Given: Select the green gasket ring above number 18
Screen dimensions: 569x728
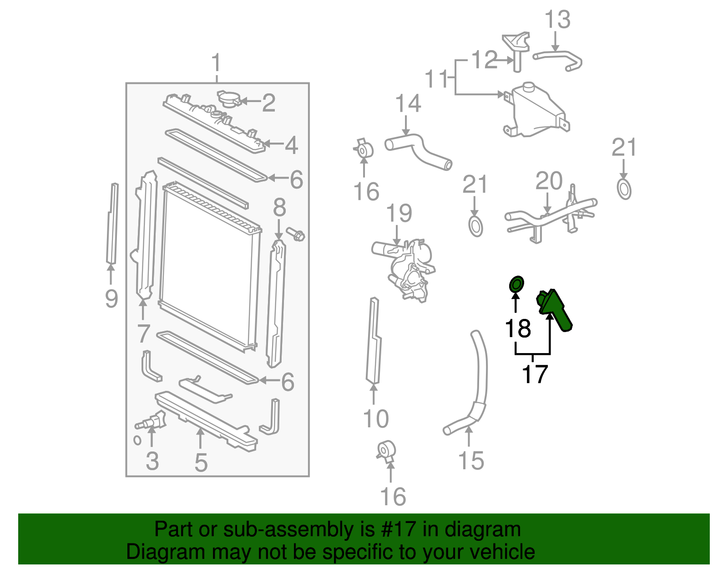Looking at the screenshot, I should coord(516,284).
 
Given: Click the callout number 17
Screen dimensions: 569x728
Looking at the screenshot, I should coord(534,374).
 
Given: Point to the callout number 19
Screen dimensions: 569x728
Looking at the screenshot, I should coord(399,213).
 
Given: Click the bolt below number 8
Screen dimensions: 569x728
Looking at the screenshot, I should coord(296,235).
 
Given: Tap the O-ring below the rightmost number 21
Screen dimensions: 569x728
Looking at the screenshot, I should coord(624,190).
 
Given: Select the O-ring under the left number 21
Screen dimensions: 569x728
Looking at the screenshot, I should coord(475,226).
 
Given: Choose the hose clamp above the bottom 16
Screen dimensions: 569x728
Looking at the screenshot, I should coord(387,451).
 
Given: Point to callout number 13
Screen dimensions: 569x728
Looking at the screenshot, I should coord(557,20).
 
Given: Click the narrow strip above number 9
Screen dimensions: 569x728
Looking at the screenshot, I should coord(112,223).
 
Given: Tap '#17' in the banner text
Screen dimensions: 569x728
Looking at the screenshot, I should coord(395,529).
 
